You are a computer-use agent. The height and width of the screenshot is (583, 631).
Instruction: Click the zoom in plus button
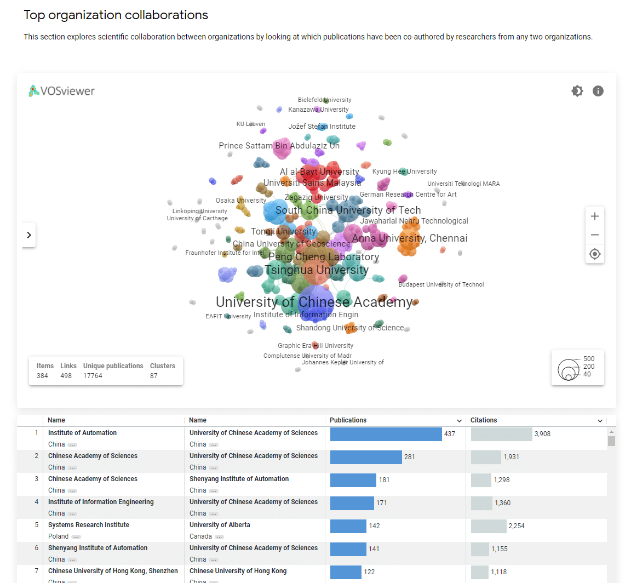point(595,216)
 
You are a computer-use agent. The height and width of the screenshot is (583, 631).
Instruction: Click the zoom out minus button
point(595,235)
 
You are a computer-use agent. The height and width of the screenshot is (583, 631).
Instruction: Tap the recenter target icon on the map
point(595,254)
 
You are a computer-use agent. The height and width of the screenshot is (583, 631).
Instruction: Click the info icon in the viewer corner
point(598,91)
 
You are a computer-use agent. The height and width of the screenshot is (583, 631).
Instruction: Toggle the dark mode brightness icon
point(577,91)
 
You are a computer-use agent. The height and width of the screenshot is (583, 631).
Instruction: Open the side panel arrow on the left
point(29,235)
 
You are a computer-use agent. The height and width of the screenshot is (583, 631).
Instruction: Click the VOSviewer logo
point(62,91)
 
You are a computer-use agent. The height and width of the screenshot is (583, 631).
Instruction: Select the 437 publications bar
point(386,434)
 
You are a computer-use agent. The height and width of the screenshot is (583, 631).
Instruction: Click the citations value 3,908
point(542,434)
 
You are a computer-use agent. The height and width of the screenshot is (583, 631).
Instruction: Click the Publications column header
point(348,420)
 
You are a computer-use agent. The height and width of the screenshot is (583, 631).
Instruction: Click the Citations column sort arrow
point(600,421)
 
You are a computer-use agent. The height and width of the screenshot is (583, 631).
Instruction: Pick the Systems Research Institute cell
point(89,525)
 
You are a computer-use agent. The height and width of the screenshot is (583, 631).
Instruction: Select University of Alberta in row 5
point(220,525)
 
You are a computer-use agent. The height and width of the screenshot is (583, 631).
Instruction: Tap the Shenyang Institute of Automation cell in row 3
point(239,479)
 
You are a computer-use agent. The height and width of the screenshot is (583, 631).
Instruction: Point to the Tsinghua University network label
point(317,270)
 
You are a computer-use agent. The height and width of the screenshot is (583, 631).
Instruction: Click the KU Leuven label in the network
point(250,124)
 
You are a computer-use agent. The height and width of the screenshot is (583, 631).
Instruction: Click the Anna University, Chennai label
point(410,238)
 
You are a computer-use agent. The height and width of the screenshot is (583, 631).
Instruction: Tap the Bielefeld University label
point(324,100)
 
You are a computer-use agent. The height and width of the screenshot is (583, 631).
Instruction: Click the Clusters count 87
point(154,376)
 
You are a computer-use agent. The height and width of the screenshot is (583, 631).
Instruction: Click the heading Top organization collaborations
point(116,15)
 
